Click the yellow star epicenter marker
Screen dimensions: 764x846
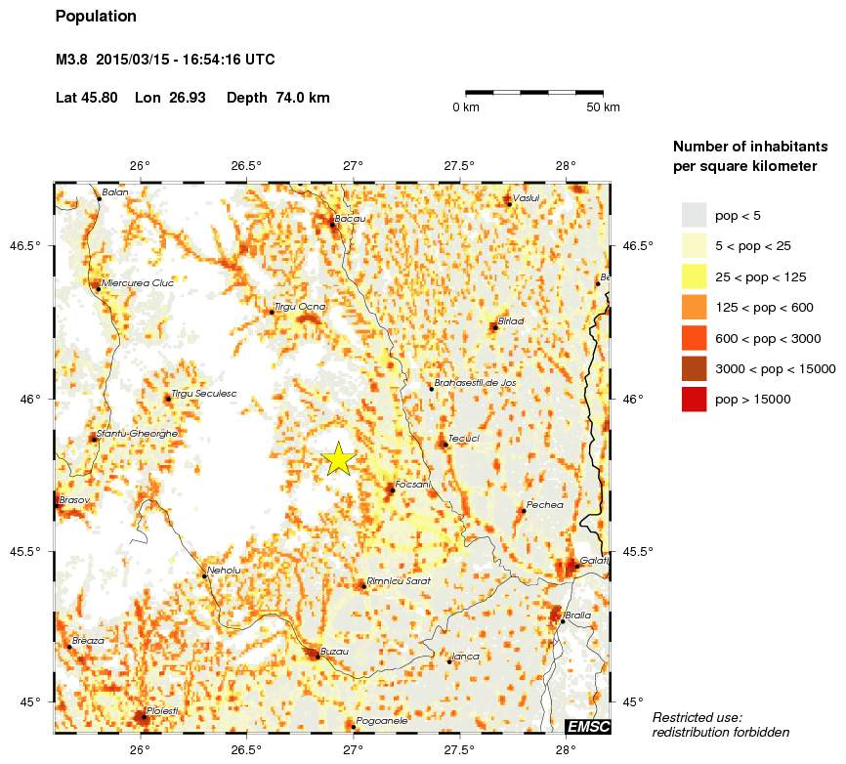coord(338,458)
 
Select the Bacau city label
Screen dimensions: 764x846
coord(350,219)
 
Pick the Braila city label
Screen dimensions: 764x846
coord(577,615)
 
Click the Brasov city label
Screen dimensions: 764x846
coord(74,500)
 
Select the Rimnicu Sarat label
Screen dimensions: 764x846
coord(399,580)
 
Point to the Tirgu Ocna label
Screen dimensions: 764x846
coord(299,307)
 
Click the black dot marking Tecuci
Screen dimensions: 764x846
coord(445,445)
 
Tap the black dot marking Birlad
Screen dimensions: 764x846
coord(494,327)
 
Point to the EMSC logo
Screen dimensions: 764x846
coord(588,725)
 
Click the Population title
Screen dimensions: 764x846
coord(96,17)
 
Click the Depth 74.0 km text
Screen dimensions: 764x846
coord(277,98)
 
